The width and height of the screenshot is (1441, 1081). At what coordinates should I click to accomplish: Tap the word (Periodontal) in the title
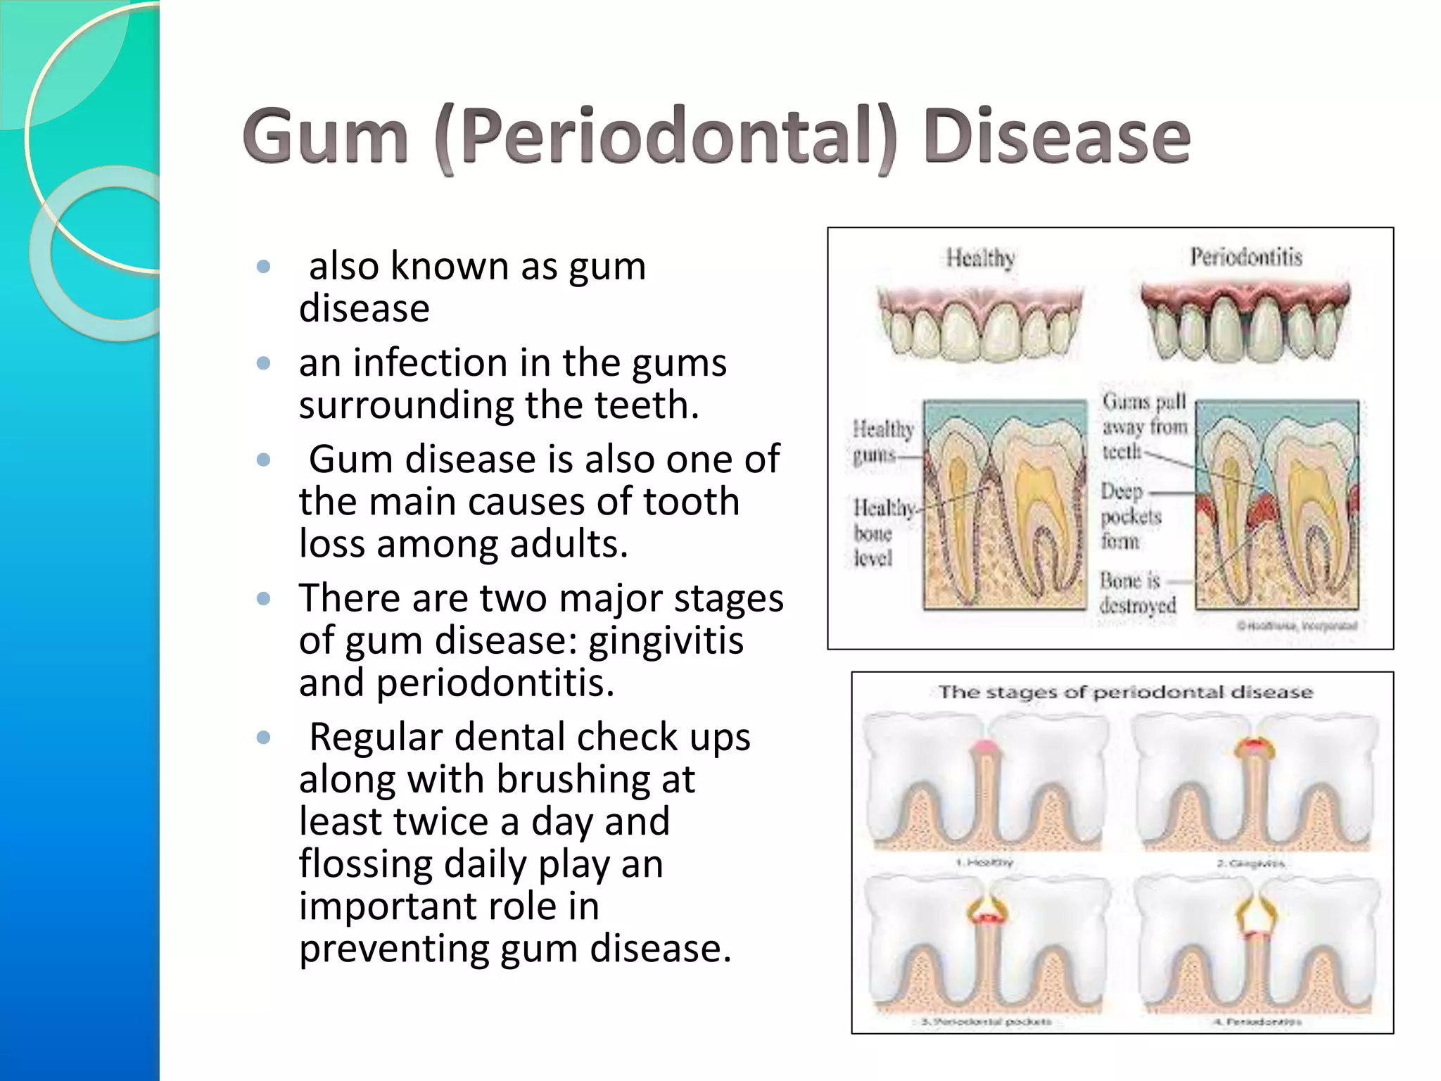tap(665, 137)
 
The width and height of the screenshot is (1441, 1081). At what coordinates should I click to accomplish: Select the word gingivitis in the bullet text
tap(666, 640)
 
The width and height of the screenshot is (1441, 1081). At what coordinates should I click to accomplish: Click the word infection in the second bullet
tap(430, 363)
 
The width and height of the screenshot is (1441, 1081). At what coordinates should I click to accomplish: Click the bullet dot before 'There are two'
tap(264, 599)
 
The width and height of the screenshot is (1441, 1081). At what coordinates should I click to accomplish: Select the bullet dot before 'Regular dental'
tap(264, 738)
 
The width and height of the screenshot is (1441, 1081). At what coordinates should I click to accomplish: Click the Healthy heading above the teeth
tap(980, 258)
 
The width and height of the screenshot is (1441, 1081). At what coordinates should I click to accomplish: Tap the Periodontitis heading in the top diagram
tap(1245, 257)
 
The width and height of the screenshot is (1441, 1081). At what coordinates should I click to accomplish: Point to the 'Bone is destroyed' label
tap(1136, 593)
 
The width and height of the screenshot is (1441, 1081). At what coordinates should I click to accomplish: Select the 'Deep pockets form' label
tap(1130, 516)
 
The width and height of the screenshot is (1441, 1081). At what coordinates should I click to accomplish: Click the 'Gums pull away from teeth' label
tap(1144, 426)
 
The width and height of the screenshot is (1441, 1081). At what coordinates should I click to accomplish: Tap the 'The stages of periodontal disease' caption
tap(1125, 693)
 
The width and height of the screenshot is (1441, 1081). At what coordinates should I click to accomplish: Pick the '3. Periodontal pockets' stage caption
tap(986, 1021)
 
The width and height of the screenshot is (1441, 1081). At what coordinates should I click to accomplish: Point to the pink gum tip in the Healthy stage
tap(984, 748)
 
